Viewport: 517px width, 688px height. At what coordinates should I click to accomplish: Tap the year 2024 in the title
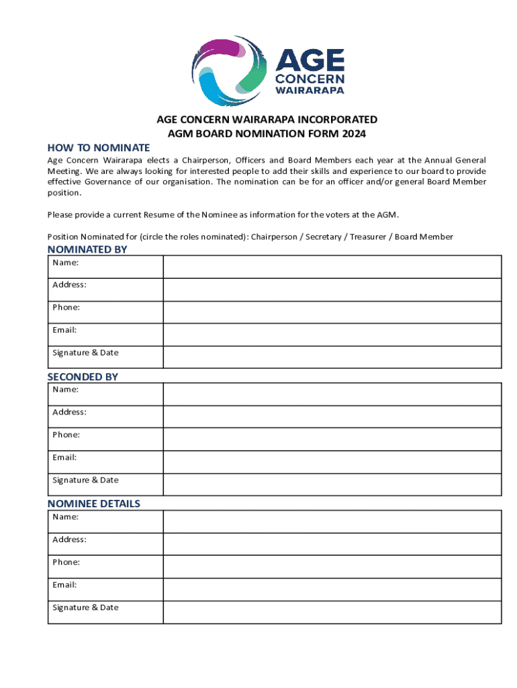click(x=355, y=134)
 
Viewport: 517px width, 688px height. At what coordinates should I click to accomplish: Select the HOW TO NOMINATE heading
click(x=98, y=148)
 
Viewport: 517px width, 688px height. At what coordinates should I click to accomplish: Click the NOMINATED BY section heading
click(x=87, y=250)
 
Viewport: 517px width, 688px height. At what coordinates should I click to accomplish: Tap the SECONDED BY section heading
click(x=83, y=377)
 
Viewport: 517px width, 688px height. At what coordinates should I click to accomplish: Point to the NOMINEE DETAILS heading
click(x=94, y=504)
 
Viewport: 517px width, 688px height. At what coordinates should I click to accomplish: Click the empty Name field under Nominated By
click(x=332, y=267)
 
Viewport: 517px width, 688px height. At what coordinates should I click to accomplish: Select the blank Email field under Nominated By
click(x=332, y=335)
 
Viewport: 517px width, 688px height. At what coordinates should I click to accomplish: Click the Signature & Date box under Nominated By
click(x=332, y=357)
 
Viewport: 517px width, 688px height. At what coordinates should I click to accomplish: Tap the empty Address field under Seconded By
click(x=332, y=417)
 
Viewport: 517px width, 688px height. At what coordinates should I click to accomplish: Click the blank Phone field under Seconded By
click(x=332, y=439)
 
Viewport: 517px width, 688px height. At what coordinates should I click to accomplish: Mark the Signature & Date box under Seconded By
click(x=332, y=484)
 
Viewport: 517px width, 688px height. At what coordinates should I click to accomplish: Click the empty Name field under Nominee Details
click(x=332, y=522)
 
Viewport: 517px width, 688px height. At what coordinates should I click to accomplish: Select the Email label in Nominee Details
click(x=64, y=585)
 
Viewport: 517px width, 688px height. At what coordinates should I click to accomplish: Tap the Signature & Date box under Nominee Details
click(x=332, y=612)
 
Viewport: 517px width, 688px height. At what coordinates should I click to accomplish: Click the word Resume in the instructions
click(x=158, y=215)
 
